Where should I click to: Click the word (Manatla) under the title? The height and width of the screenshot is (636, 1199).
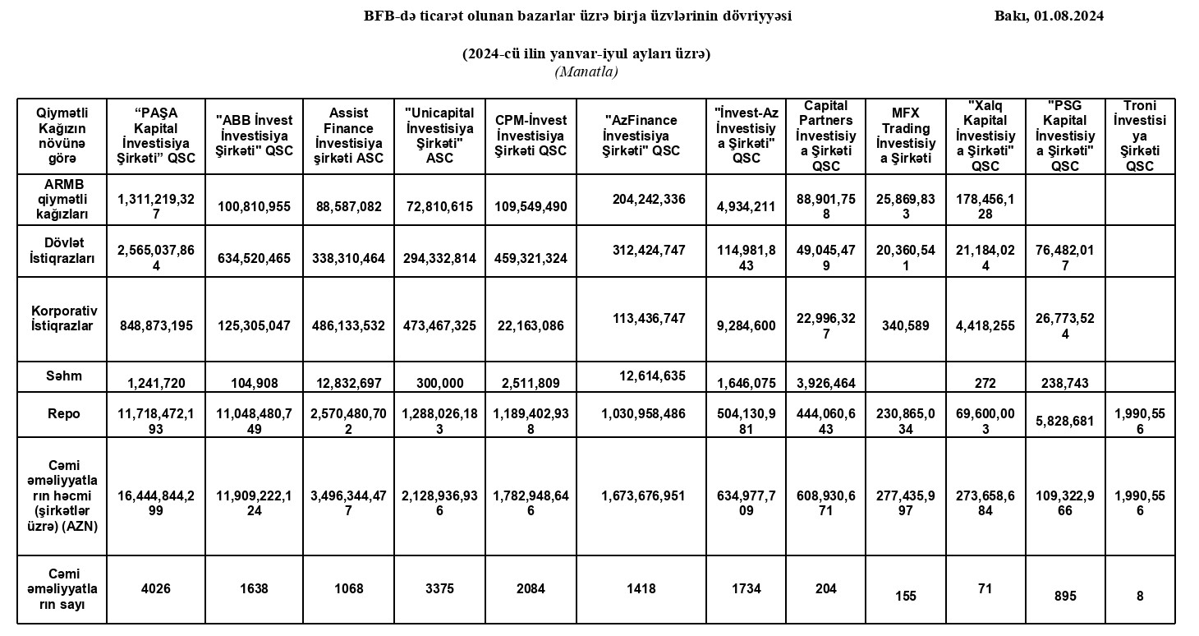[x=586, y=71]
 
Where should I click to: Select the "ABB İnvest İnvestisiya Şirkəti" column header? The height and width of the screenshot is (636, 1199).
[x=254, y=136]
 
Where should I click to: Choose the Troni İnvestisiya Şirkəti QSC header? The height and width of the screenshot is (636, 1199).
[x=1140, y=136]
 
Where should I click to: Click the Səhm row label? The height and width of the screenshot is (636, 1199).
[x=64, y=376]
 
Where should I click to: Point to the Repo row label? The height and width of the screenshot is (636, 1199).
[x=64, y=413]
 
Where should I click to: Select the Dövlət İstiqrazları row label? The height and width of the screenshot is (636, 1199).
[x=64, y=250]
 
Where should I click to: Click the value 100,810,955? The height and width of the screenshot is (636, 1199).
[x=254, y=206]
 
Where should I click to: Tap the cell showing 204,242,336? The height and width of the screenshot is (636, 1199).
[x=649, y=199]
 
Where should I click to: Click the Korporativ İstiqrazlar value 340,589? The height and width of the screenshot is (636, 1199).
[x=905, y=325]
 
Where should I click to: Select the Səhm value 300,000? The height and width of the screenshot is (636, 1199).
[x=440, y=383]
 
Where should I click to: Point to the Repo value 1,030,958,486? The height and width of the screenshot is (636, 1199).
[x=643, y=414]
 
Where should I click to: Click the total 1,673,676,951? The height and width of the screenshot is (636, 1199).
[x=643, y=495]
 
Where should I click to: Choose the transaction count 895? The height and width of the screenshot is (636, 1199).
[x=1064, y=596]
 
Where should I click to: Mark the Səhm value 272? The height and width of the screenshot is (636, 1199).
[x=985, y=383]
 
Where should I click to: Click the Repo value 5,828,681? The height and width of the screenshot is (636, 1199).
[x=1064, y=420]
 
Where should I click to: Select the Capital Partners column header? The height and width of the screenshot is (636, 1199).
[x=825, y=136]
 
